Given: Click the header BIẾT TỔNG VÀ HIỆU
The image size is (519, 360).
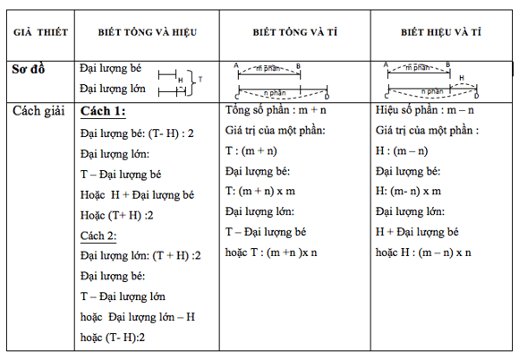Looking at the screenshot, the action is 148,32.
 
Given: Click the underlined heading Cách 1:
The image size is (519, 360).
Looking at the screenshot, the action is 103,111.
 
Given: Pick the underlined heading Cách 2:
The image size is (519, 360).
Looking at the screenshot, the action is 98,235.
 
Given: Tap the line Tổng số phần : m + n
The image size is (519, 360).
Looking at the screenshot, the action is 276,111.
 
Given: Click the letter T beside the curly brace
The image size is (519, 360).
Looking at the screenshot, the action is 200,80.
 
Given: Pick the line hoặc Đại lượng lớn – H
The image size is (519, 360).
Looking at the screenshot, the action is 139,316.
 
